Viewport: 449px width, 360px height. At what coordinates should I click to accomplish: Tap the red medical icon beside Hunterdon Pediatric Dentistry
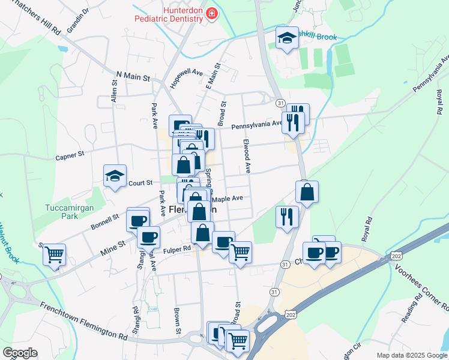point(211,14)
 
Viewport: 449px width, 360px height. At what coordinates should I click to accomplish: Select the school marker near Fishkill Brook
point(287,39)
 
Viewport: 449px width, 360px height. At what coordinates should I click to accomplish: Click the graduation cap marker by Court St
point(115,176)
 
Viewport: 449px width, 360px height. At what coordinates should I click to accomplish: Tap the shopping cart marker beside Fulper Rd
point(240,251)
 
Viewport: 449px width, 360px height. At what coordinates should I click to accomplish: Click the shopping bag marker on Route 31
point(307,192)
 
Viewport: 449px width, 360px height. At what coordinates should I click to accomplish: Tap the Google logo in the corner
point(19,353)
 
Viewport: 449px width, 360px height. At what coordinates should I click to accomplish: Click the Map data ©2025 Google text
point(411,355)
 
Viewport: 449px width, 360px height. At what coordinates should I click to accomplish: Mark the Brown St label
point(178,322)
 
